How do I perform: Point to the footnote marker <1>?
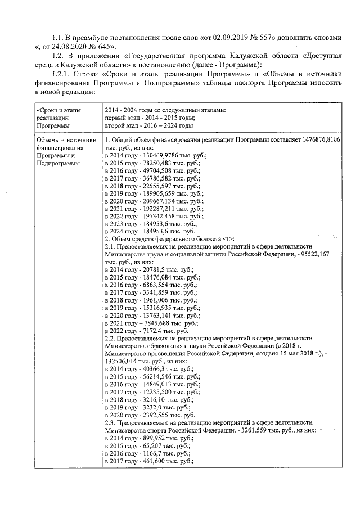click(x=226, y=239)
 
